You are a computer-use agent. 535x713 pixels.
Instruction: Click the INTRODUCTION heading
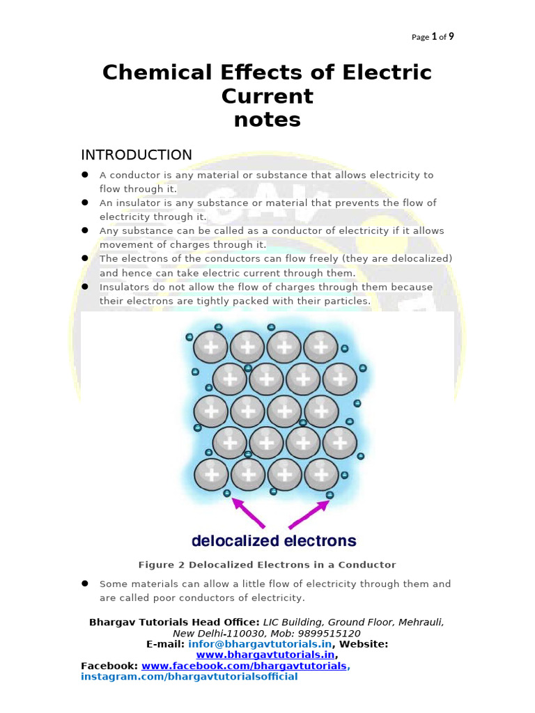point(137,155)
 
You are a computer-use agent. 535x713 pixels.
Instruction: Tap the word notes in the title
point(267,120)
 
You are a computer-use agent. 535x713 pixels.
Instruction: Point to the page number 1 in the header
point(434,37)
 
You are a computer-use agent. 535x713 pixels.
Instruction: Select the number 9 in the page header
point(451,37)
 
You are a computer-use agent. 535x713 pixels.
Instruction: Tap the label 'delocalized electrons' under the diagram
point(274,541)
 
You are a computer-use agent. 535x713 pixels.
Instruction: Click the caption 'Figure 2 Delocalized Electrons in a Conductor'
point(267,565)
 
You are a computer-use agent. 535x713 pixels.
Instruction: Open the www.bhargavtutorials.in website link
point(265,655)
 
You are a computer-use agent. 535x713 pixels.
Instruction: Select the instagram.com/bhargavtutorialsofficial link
point(189,677)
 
